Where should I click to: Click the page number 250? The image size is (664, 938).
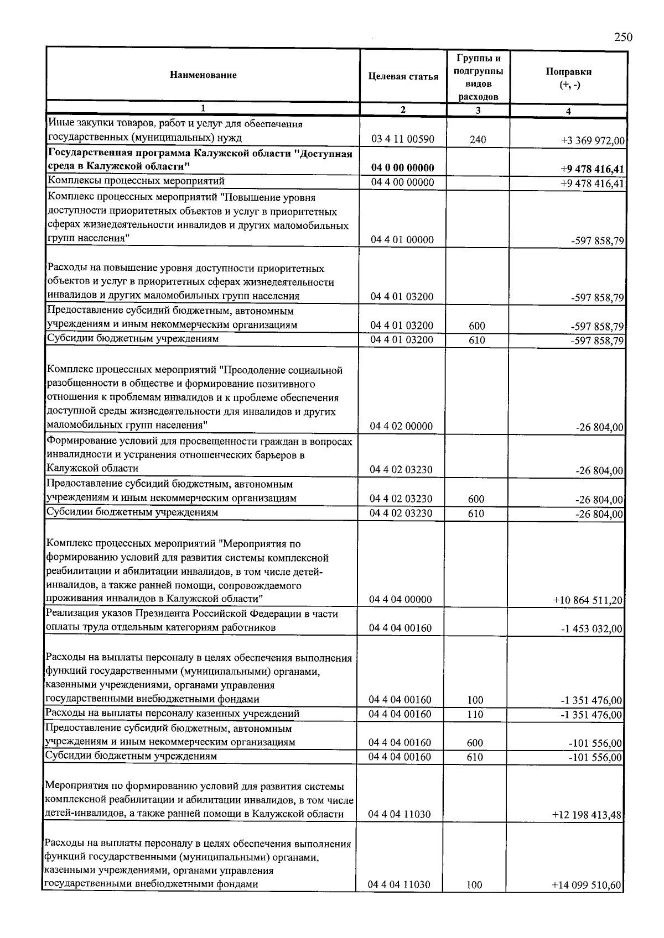[x=623, y=37]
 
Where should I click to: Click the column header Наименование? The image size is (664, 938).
[x=203, y=75]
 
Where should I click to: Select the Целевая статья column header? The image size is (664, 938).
[x=403, y=76]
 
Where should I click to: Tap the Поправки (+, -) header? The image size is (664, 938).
[x=568, y=78]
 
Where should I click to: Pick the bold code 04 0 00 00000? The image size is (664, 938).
[x=402, y=168]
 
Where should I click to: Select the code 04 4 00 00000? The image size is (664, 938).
[x=402, y=182]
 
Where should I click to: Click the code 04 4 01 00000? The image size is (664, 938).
[x=402, y=240]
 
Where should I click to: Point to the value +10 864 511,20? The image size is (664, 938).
[x=588, y=600]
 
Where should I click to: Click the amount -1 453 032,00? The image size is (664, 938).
[x=591, y=628]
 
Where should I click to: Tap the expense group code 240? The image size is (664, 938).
[x=478, y=140]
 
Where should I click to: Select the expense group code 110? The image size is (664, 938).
[x=475, y=714]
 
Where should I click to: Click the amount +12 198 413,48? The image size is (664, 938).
[x=588, y=815]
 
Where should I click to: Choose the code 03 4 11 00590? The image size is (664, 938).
[x=402, y=140]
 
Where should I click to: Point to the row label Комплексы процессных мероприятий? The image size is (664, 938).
[x=136, y=181]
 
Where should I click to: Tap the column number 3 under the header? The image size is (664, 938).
[x=478, y=111]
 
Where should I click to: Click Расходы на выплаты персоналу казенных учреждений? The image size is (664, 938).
[x=172, y=714]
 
